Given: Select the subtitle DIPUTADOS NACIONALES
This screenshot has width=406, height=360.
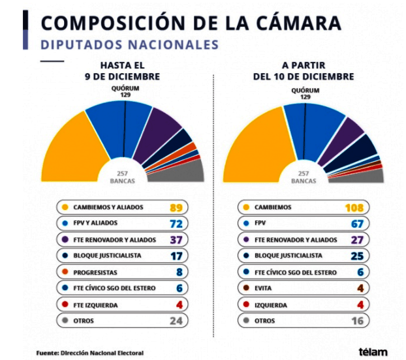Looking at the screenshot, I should coord(129,44).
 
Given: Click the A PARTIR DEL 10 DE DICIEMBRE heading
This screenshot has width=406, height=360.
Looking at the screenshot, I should coord(304,71).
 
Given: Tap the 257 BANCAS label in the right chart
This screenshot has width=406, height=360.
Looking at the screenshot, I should coord(304,177).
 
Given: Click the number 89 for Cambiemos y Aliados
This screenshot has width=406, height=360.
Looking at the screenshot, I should coord(175,207).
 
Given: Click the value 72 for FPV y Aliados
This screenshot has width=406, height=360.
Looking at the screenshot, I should coord(175,224).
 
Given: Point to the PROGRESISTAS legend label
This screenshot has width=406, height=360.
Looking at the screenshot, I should coord(95,271).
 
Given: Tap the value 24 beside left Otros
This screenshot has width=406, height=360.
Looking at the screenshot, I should coord(175,320).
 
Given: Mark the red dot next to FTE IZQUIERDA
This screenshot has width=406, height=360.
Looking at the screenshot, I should coord(64,304).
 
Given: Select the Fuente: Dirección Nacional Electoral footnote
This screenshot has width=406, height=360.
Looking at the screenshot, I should coord(89,353).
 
